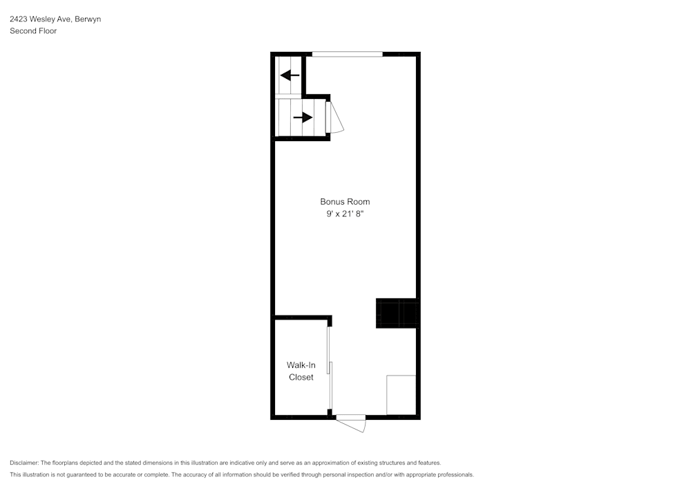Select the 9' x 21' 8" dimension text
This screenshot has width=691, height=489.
345,214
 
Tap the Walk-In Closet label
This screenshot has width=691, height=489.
301,371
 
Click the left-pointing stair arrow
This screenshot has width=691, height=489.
290,75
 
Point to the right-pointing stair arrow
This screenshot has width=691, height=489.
303,118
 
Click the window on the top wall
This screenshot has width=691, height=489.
347,54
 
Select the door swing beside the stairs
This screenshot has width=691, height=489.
336,118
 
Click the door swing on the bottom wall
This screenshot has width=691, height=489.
352,423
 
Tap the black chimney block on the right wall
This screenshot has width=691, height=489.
397,313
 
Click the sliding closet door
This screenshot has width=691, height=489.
330,367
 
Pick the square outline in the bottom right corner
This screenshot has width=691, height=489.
401,395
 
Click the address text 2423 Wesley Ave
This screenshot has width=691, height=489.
41,19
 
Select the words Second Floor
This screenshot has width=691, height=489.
33,31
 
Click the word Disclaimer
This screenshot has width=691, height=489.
24,463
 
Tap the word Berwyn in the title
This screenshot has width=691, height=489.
88,19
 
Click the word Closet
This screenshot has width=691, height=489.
301,378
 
